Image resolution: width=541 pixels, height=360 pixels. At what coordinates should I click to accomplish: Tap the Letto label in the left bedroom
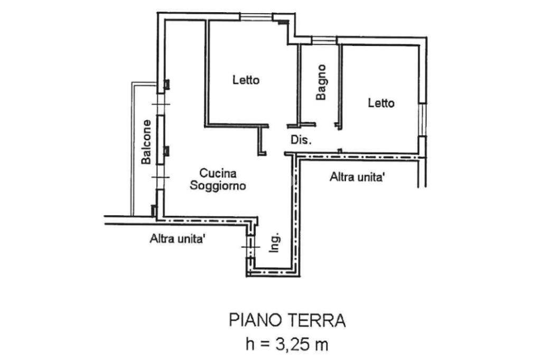[x=246, y=80]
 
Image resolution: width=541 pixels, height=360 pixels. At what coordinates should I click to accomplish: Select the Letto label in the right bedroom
[x=381, y=103]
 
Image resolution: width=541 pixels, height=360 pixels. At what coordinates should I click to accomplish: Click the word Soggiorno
[x=218, y=186]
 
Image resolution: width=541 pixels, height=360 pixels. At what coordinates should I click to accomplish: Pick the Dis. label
[x=302, y=140]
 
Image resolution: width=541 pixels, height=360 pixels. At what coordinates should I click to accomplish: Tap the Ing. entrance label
[x=274, y=243]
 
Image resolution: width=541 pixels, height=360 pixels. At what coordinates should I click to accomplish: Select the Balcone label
[x=146, y=141]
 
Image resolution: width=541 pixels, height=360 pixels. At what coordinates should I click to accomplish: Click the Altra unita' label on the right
[x=357, y=178]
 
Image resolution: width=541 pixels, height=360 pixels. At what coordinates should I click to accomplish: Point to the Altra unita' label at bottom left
[x=178, y=239]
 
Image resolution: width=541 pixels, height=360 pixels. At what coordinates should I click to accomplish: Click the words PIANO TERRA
[x=287, y=320]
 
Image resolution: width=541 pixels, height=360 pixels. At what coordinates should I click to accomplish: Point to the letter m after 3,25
[x=321, y=346]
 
